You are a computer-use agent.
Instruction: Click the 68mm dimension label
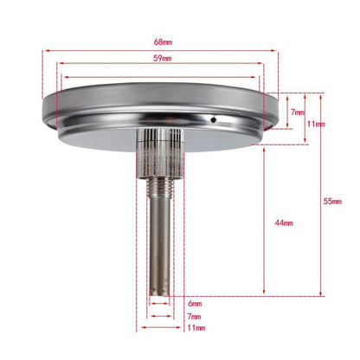tap(163, 42)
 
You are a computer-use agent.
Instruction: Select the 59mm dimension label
tap(162, 58)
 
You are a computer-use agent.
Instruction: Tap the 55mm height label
tap(332, 202)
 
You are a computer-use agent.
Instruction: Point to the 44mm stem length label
tap(284, 223)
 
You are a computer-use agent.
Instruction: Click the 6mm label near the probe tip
tap(195, 304)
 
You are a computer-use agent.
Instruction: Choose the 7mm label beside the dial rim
tap(298, 112)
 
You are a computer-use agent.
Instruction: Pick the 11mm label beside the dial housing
tap(316, 124)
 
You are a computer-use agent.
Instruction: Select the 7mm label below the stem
tap(194, 317)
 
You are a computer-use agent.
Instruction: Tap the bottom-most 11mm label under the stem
tap(196, 328)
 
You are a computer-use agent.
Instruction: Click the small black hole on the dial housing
tap(213, 119)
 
